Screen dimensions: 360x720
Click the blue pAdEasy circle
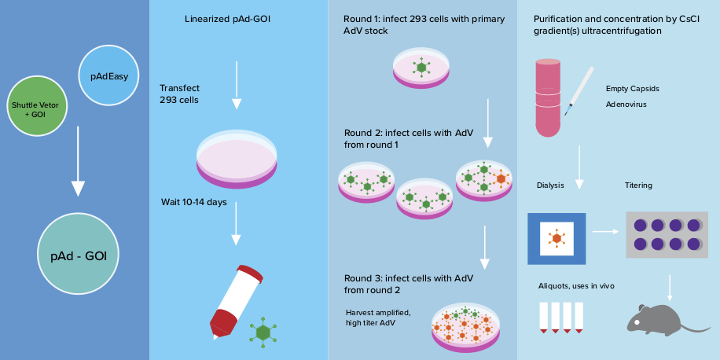coord(109,76)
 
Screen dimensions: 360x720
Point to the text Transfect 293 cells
coord(179,94)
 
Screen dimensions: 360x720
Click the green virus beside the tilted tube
coord(263,333)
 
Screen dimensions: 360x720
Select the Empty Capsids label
coord(632,89)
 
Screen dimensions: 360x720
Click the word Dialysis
coord(550,186)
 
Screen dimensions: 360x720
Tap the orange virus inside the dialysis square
coord(557,237)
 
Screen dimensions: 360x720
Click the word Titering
coord(638,186)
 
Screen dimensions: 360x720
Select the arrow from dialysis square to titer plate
coord(604,232)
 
